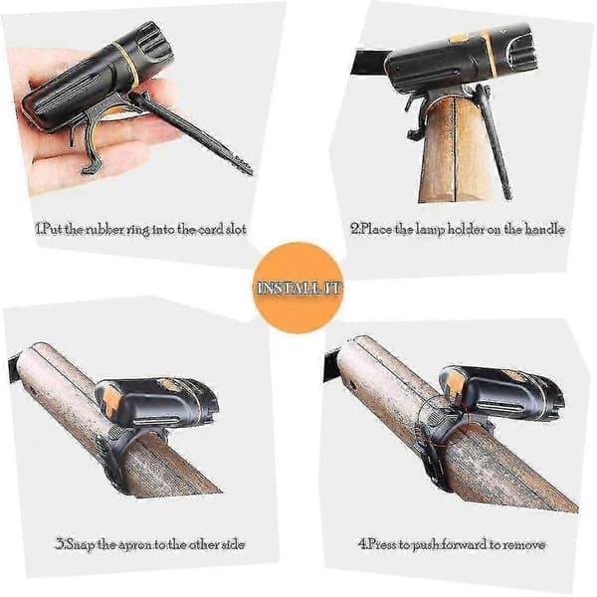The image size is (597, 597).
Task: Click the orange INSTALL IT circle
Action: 298,288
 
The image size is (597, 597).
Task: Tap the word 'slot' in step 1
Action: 234,230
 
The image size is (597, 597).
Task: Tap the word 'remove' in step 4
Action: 524,545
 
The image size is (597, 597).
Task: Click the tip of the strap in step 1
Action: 250,171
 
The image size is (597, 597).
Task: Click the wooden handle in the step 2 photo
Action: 454,152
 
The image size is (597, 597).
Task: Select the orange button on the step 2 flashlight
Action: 460,38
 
